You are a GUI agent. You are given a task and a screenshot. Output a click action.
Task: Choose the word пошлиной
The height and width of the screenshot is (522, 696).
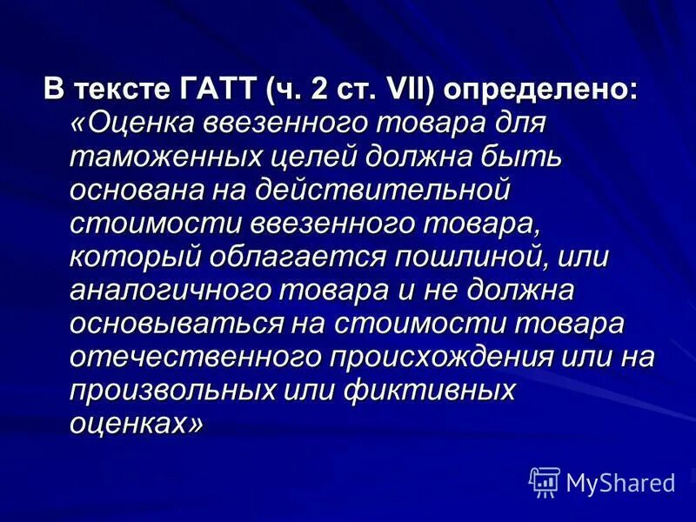(459, 258)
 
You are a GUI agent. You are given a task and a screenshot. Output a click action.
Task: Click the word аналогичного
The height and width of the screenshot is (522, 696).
(165, 291)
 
